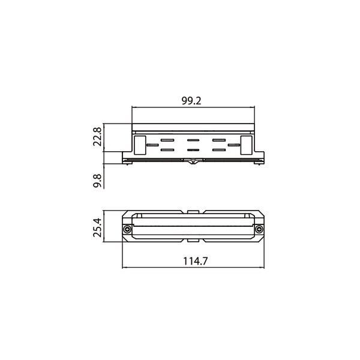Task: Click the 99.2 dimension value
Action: (x=191, y=101)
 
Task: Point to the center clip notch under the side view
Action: (x=192, y=160)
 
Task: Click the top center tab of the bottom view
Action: (x=192, y=212)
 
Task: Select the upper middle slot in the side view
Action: (x=192, y=140)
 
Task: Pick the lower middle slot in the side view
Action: (x=192, y=149)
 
